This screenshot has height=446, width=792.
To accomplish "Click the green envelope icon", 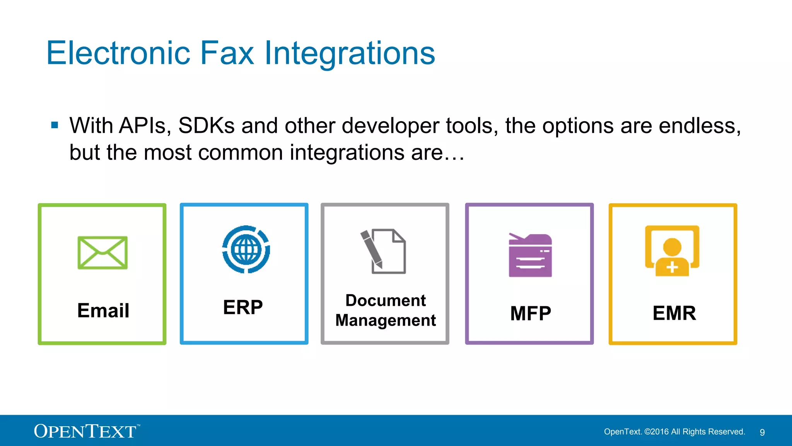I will point(102,252).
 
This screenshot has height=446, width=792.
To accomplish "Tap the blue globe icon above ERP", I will point(246,249).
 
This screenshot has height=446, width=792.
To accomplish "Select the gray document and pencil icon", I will point(383,251).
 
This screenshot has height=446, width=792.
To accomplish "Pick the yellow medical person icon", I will point(672,251).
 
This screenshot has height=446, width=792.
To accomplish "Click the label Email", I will point(103,310).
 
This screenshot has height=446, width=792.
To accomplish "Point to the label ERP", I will point(243,307).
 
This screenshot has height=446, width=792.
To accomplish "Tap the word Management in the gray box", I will point(386,321).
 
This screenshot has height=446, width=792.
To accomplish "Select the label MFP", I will point(530,313).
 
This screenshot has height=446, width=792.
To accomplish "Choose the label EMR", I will point(674,313).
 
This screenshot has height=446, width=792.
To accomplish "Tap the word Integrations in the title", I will point(350,54).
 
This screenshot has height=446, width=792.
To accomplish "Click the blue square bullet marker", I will point(55,125).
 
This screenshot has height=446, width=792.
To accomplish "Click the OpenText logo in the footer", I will point(86,431).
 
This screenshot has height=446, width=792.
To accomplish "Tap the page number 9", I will point(762,432).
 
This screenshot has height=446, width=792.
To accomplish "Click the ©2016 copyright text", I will point(656,432).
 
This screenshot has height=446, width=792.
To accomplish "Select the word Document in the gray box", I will point(386,300).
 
